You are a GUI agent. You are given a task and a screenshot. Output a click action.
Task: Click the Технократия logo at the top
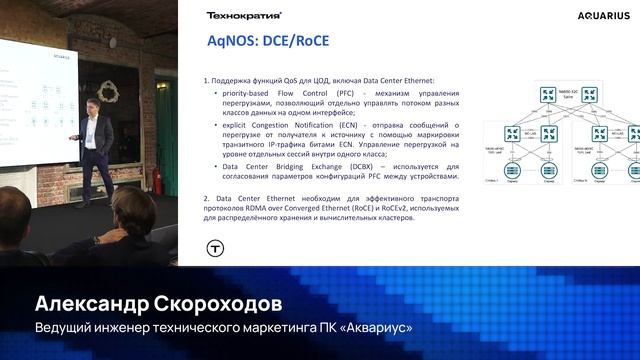tap(244, 16)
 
